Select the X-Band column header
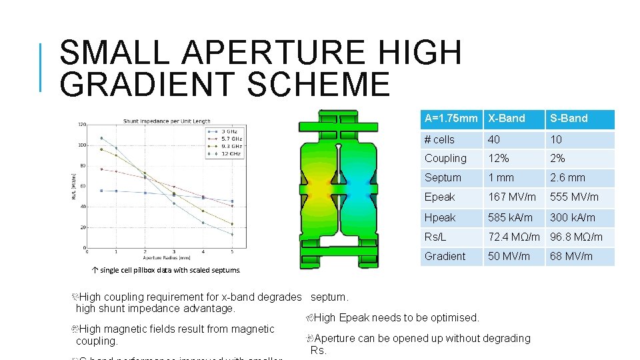tap(507, 119)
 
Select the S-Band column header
tap(569, 119)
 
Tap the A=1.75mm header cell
tap(451, 119)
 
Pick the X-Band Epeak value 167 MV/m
tap(511, 197)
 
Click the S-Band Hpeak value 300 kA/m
tap(572, 217)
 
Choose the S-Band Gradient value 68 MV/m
tap(571, 256)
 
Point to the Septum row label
tap(443, 178)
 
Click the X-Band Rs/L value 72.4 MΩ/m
tap(513, 237)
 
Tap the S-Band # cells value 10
tap(556, 139)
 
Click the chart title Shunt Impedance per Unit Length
tap(166, 121)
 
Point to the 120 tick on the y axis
tap(81, 125)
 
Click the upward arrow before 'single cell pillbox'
tap(95, 270)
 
